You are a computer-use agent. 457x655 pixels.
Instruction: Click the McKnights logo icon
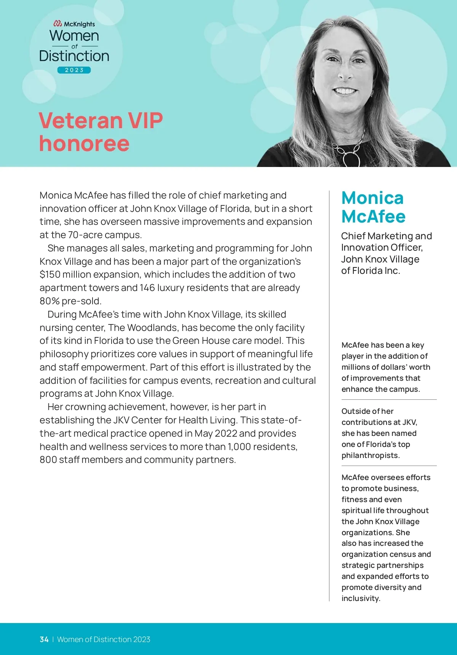click(58, 24)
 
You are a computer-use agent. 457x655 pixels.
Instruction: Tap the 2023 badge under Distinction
click(74, 70)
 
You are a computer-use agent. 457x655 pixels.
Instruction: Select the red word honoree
click(84, 143)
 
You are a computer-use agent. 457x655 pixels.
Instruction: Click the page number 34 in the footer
click(44, 639)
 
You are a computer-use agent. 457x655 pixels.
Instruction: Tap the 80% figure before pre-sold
click(50, 301)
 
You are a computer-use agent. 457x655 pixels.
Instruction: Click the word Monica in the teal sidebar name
click(372, 198)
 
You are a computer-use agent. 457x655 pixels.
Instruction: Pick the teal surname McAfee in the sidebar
click(373, 216)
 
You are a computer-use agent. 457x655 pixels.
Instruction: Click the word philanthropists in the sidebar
click(370, 455)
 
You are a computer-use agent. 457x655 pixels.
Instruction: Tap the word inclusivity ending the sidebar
click(360, 598)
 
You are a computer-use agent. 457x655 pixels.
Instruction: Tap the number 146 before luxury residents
click(147, 288)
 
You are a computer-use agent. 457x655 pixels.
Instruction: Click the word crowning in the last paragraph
click(85, 407)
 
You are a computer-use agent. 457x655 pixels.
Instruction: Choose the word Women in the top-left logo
click(74, 36)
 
